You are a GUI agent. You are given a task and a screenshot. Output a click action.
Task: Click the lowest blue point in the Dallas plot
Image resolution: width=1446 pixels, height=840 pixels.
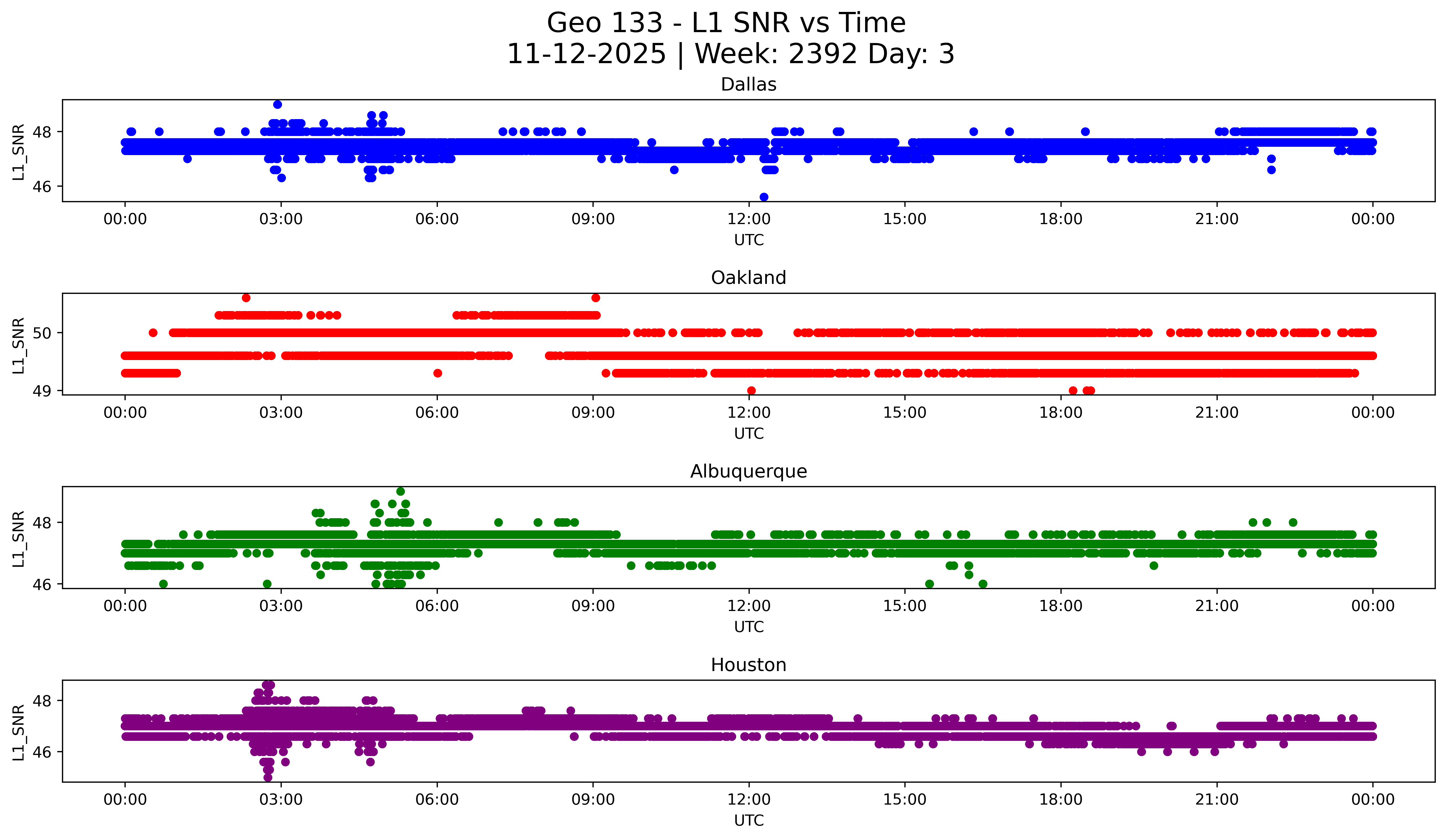tap(764, 197)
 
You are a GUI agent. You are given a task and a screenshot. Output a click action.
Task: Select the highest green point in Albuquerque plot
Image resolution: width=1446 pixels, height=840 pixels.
tap(400, 492)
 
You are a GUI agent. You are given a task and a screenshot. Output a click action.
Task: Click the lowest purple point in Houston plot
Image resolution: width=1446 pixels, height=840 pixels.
tap(268, 777)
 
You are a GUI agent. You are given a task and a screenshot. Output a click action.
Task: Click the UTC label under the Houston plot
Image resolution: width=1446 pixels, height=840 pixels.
tap(749, 821)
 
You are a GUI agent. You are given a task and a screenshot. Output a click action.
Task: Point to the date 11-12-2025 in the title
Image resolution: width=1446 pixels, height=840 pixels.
tap(586, 54)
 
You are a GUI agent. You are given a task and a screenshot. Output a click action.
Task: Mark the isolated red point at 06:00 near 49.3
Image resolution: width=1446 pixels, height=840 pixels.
tap(438, 373)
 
